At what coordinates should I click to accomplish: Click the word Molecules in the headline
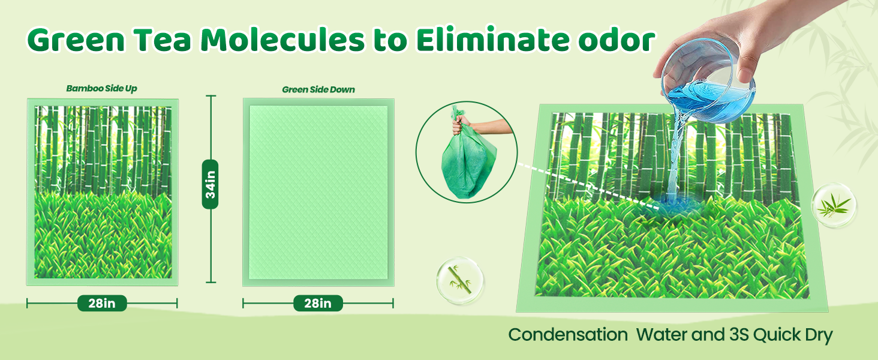tap(282, 40)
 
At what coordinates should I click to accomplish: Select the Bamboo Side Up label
tap(101, 89)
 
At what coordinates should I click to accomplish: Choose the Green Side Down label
tap(318, 89)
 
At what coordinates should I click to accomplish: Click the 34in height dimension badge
tap(211, 184)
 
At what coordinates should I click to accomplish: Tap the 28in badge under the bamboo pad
tap(102, 303)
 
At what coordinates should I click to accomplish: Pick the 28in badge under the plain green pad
tap(318, 303)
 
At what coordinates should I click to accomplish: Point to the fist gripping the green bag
tap(460, 125)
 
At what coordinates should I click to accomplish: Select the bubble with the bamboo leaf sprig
tap(834, 205)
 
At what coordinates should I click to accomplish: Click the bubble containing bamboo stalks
tap(460, 280)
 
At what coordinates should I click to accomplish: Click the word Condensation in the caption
tap(568, 335)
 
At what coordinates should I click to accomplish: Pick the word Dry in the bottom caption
tap(819, 335)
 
